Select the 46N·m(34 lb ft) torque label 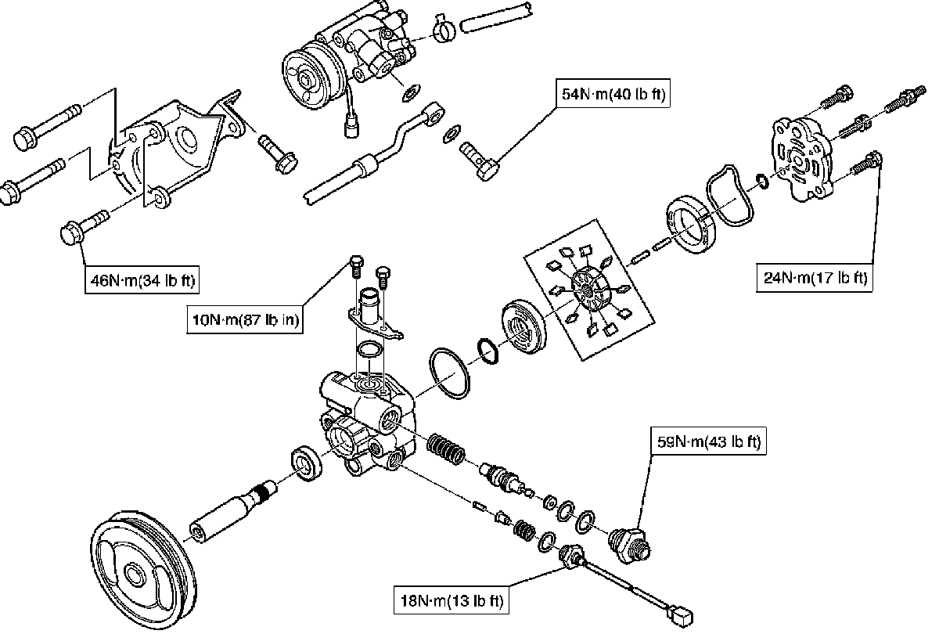(x=142, y=279)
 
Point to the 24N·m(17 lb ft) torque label (x=815, y=278)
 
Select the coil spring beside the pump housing (x=447, y=452)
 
